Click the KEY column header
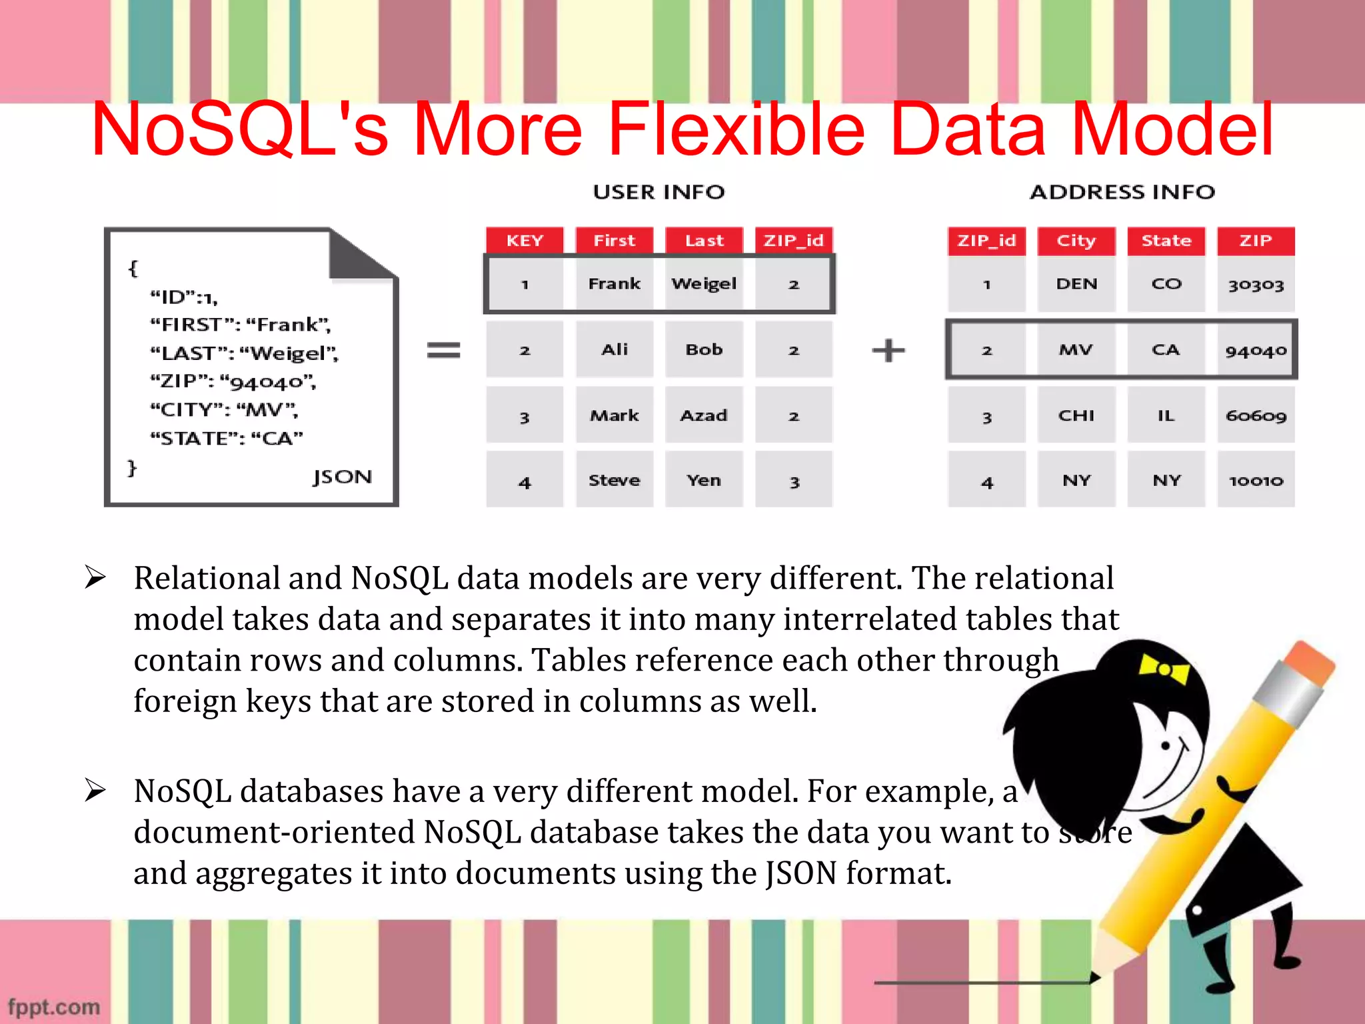525,241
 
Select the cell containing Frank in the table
614,284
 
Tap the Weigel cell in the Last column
704,284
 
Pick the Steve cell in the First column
614,480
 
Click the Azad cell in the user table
704,415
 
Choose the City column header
1076,241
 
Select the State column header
1166,241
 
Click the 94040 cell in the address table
1256,350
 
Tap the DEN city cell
1076,284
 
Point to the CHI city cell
1076,415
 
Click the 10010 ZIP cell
1256,480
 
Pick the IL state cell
1166,415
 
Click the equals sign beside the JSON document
443,350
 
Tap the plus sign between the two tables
888,350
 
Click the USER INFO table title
659,192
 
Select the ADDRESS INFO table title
1122,192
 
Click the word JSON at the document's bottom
343,477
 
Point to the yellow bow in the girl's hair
1164,669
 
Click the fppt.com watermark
54,1007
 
